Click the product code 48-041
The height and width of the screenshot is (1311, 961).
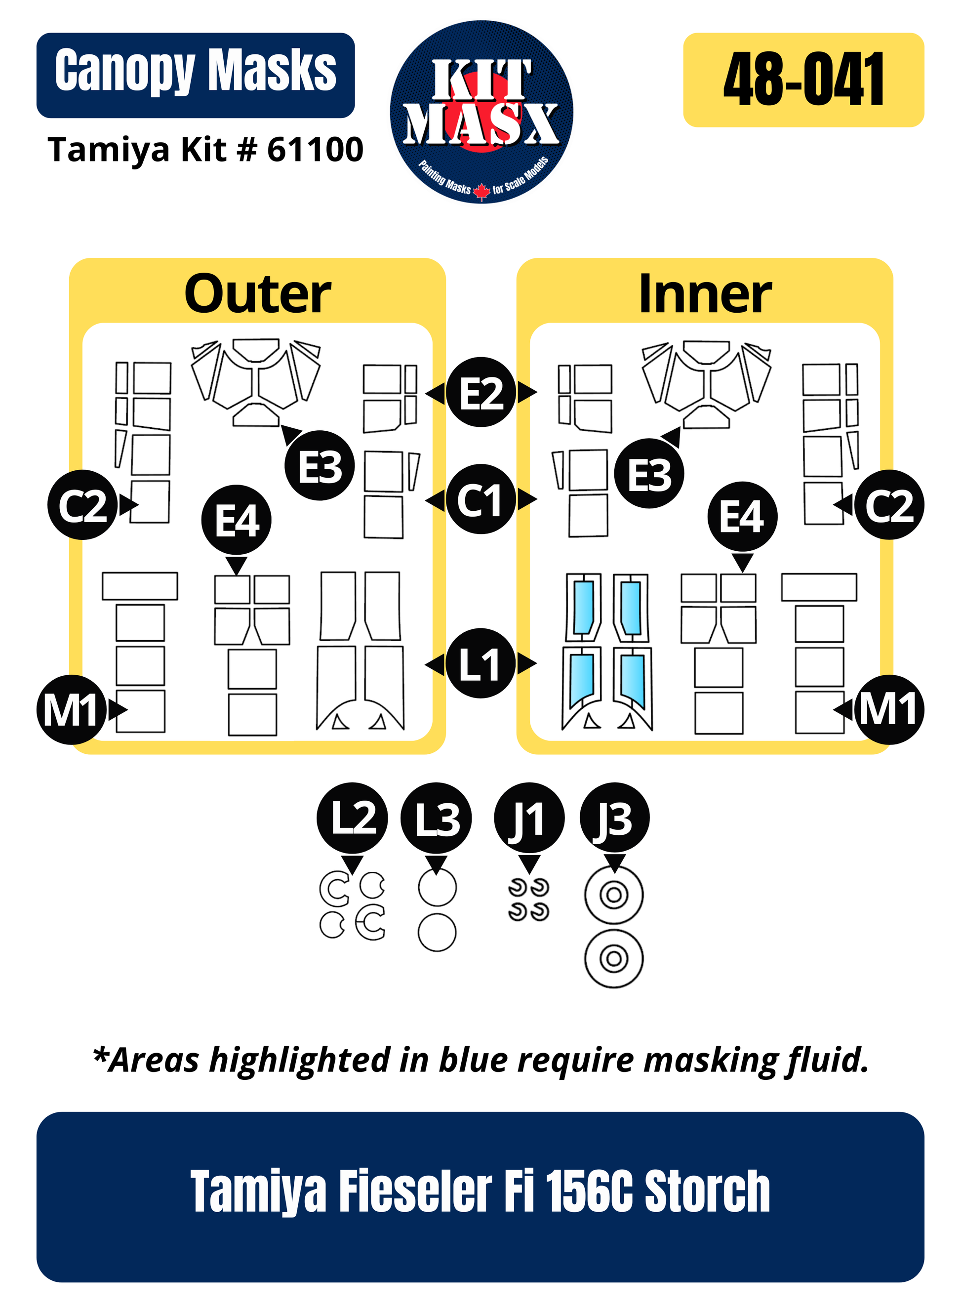(x=803, y=79)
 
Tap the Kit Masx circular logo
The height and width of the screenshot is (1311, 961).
(x=481, y=112)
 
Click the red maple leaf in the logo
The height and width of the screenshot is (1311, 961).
(x=481, y=190)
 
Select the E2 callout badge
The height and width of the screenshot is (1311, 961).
(x=481, y=392)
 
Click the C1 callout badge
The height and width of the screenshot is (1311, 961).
(x=480, y=499)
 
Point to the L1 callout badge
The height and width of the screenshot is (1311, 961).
(x=480, y=663)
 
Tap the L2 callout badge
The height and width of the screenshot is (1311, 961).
(x=352, y=818)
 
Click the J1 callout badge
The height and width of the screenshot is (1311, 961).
(x=529, y=818)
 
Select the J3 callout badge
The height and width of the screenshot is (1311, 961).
(x=614, y=818)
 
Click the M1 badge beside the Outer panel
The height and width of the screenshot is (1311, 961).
(x=71, y=709)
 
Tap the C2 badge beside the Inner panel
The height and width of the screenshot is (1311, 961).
(x=888, y=505)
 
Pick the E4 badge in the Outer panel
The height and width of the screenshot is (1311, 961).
(x=236, y=520)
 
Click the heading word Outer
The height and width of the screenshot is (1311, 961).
(x=257, y=294)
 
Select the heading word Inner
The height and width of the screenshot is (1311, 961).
(x=705, y=294)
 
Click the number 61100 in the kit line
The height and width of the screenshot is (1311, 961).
(x=315, y=150)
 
